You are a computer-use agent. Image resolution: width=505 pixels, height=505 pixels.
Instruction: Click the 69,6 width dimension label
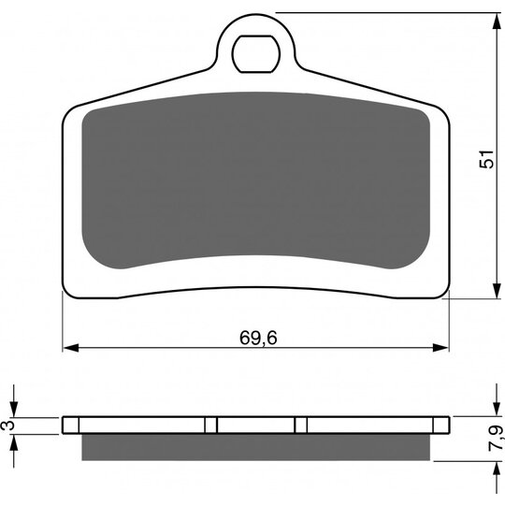click(258, 338)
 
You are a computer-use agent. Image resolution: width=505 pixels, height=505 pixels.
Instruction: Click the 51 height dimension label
click(486, 159)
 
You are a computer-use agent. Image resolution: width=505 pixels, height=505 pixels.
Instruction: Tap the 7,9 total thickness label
click(496, 438)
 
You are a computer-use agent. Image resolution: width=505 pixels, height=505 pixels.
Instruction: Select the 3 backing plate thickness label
click(9, 426)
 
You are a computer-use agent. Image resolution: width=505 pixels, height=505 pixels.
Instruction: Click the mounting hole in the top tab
click(256, 54)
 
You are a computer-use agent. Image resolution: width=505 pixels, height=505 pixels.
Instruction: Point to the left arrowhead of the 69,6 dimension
click(70, 348)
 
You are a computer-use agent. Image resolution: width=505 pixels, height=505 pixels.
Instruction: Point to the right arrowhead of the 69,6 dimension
click(440, 348)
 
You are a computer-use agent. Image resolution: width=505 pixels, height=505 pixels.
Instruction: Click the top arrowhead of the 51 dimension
click(497, 21)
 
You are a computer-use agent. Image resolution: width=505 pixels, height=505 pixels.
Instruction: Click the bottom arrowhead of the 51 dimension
click(497, 291)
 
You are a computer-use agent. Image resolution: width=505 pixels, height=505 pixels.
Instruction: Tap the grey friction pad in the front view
click(256, 180)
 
